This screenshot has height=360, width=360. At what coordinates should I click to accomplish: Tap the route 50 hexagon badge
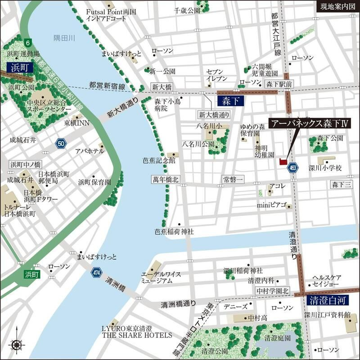click(61, 144)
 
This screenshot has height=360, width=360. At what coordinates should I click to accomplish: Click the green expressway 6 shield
click(29, 43)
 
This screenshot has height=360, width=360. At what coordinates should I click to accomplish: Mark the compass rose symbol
click(17, 345)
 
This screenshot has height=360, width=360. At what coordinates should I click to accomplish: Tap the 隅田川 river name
click(63, 38)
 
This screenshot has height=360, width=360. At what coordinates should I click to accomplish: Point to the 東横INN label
click(76, 122)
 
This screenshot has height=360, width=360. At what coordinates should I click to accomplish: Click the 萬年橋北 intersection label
click(165, 180)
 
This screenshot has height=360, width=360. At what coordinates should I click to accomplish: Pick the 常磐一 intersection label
click(233, 180)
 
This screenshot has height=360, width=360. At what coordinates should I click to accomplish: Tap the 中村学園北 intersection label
click(272, 291)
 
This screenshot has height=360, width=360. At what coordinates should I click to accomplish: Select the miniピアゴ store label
click(271, 205)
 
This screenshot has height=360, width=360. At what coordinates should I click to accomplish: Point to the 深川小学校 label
click(326, 168)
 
